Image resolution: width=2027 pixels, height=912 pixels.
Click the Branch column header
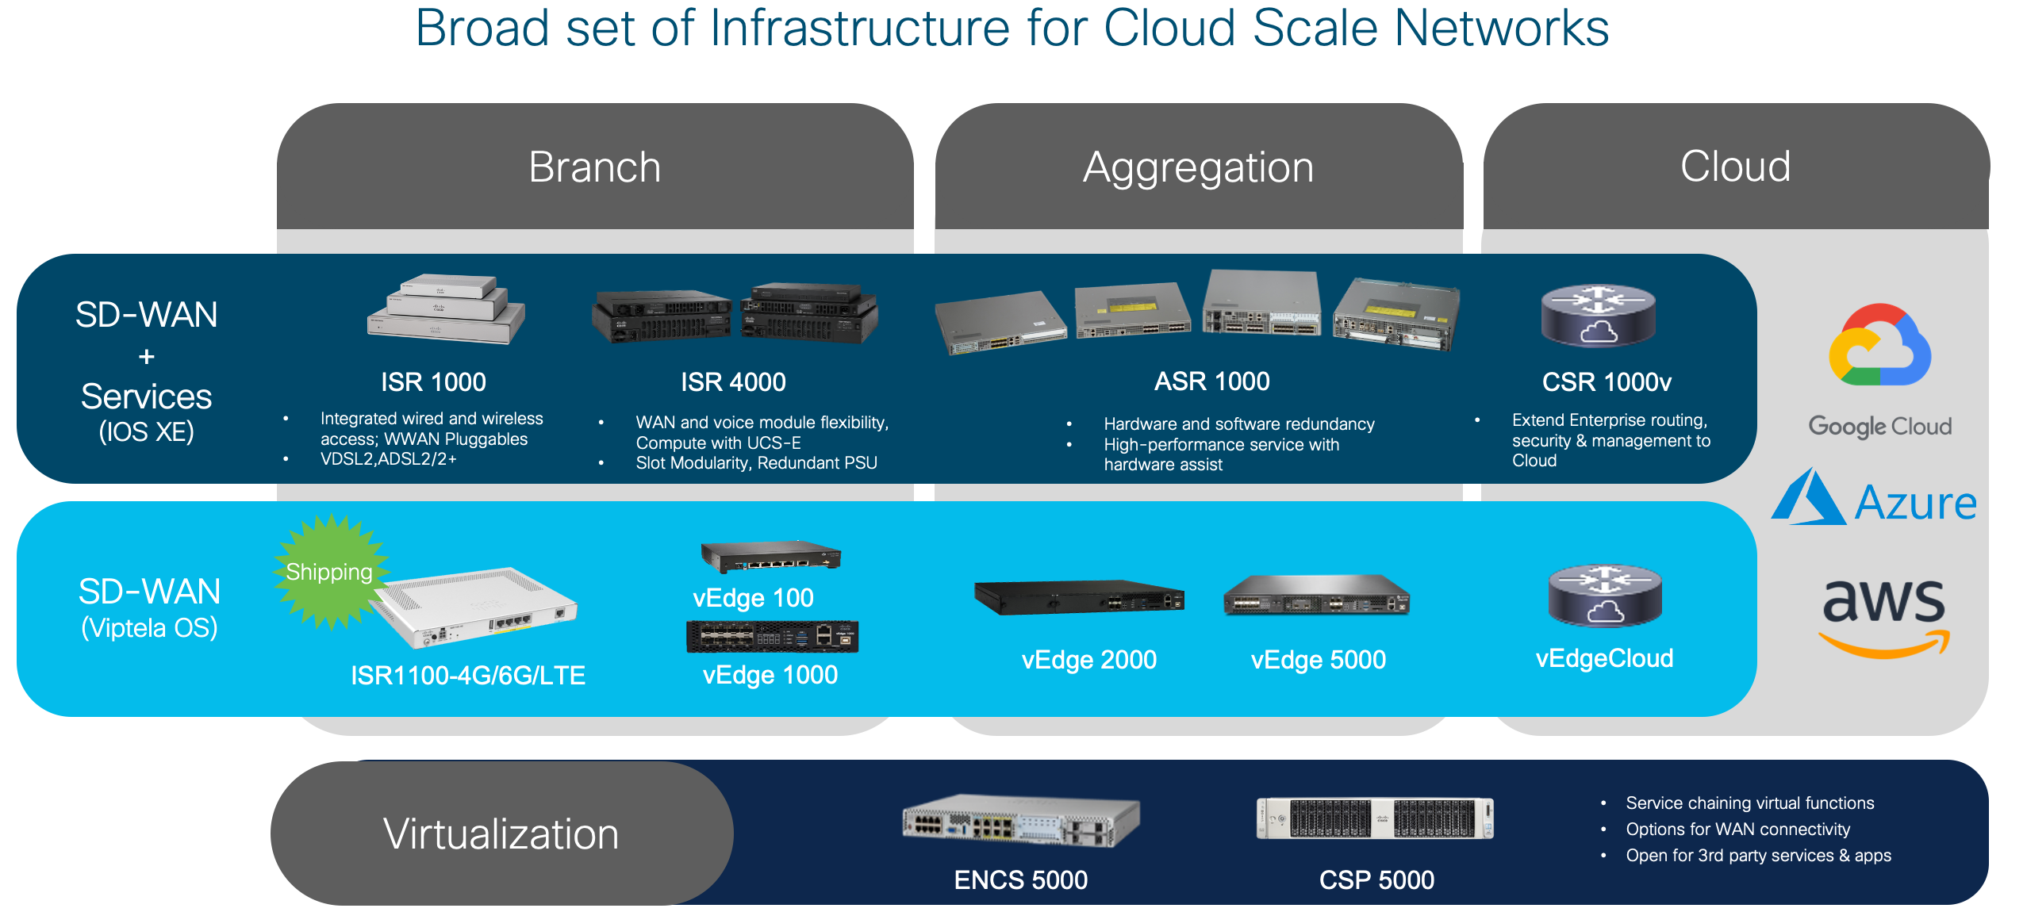click(x=594, y=167)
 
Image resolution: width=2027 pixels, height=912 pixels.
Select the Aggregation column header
click(x=1198, y=167)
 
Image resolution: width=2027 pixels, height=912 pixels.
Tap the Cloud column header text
click(x=1735, y=167)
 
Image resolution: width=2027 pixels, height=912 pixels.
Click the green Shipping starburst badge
click(x=329, y=572)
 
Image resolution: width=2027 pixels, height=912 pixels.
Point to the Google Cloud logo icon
click(x=1879, y=346)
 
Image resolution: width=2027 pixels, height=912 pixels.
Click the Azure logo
click(x=1875, y=500)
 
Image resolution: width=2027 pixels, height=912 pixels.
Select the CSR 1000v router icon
click(x=1598, y=316)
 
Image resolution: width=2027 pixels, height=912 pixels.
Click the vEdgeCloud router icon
click(x=1604, y=596)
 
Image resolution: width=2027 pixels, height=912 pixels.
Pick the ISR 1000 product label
click(x=433, y=382)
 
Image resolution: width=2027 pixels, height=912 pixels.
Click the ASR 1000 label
click(x=1211, y=381)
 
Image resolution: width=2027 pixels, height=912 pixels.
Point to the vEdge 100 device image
click(x=770, y=556)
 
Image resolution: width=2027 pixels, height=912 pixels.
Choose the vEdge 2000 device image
click(x=1079, y=597)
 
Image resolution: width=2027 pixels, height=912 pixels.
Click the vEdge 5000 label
click(x=1318, y=660)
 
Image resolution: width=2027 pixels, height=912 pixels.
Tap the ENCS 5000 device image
click(x=1020, y=820)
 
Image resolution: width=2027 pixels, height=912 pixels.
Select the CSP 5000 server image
click(x=1375, y=818)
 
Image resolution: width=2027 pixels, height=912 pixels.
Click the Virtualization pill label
click(x=501, y=834)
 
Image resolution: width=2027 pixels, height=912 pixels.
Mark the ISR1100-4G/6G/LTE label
click(x=468, y=676)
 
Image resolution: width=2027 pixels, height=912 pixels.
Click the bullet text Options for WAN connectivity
click(x=1737, y=830)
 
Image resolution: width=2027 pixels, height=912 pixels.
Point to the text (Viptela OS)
click(x=149, y=628)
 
